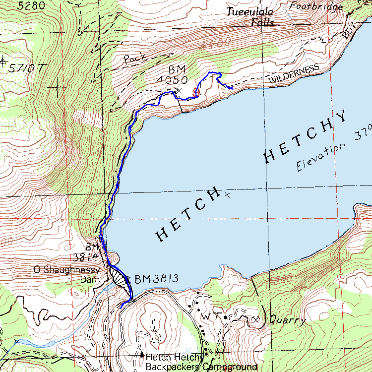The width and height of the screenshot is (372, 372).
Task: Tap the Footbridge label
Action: [x=316, y=6]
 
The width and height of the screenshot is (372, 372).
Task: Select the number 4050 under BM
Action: [x=172, y=79]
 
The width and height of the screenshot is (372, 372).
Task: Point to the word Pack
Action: [x=135, y=59]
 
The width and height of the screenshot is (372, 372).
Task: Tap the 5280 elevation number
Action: [x=30, y=6]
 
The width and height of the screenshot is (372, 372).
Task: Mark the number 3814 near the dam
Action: [x=86, y=257]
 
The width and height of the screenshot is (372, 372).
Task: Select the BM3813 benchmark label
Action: [x=156, y=278]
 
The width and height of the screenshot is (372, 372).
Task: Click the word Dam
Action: [x=91, y=279]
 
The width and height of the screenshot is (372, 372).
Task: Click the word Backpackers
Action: [x=174, y=367]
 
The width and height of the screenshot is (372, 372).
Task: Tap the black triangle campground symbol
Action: [x=142, y=355]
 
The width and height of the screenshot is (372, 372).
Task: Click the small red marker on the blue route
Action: [x=195, y=92]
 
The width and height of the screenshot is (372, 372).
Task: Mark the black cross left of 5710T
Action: [x=3, y=62]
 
